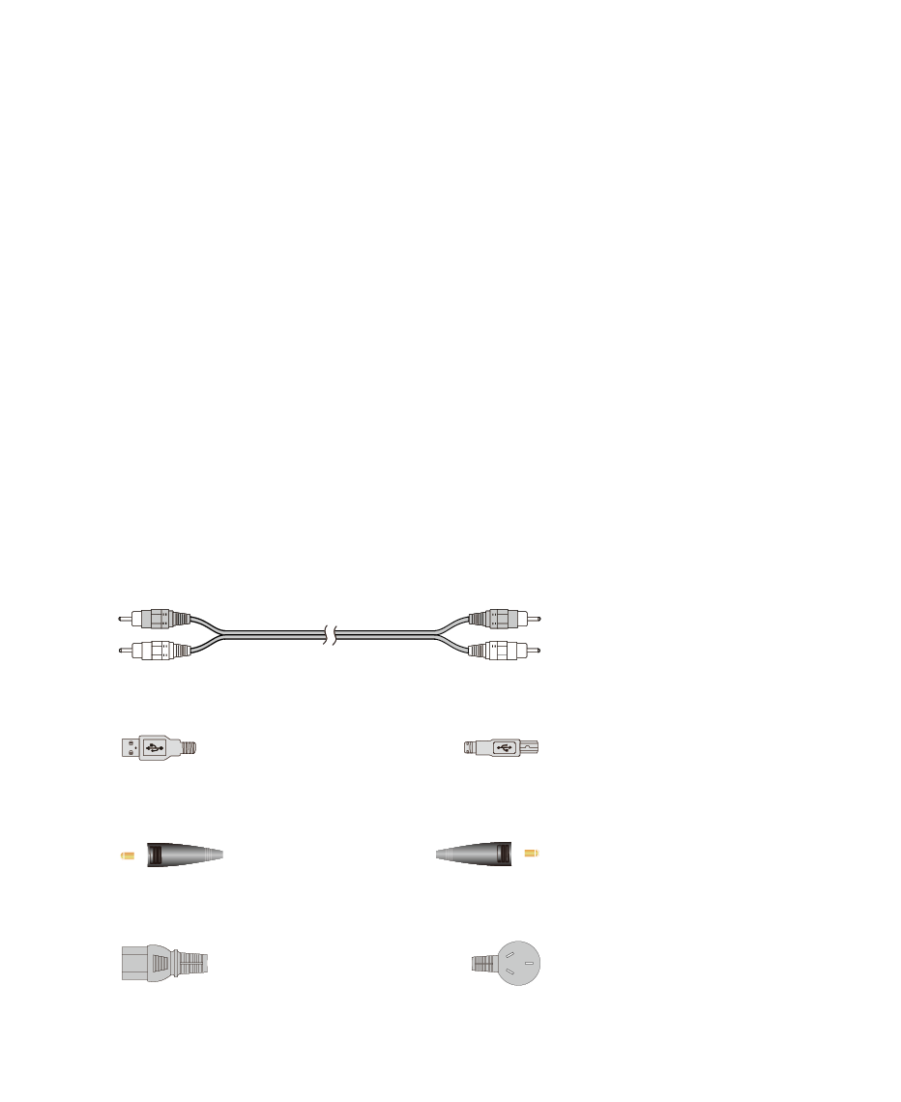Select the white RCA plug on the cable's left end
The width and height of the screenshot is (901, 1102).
point(155,650)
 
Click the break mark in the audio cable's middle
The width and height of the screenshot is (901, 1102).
point(331,635)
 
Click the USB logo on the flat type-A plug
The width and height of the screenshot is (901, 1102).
point(153,747)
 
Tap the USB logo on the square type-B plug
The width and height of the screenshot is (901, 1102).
point(504,747)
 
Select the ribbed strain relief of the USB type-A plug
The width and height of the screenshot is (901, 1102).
point(189,747)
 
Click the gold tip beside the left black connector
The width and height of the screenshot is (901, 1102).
point(126,855)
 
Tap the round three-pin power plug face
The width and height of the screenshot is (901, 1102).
point(516,963)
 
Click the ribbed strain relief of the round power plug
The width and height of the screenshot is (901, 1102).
point(482,964)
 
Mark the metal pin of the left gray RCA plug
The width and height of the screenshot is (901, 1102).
point(124,619)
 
